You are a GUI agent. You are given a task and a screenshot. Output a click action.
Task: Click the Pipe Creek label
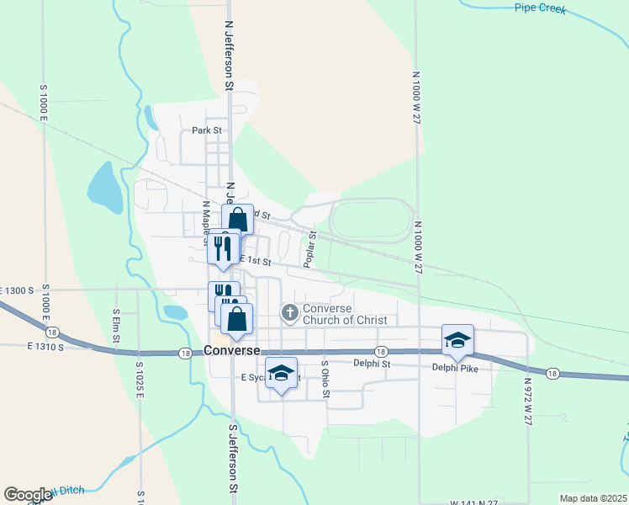(540, 8)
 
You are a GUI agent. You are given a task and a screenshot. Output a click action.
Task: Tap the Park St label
(206, 130)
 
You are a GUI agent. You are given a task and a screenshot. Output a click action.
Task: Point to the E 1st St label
(256, 261)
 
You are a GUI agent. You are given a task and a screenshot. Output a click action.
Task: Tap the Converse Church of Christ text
(345, 314)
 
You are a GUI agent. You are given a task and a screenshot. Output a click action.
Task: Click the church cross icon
(289, 314)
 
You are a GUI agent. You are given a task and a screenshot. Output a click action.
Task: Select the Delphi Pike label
(455, 367)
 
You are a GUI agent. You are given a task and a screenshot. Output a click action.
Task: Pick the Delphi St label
(372, 364)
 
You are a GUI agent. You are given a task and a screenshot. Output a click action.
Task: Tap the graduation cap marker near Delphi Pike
(457, 339)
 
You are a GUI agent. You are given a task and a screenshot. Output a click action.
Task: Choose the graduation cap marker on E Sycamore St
(282, 372)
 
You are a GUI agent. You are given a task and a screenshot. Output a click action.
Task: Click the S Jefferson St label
(234, 458)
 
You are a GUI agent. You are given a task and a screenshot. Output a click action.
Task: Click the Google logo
(28, 495)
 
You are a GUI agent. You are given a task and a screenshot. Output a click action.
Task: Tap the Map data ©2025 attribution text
(592, 498)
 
